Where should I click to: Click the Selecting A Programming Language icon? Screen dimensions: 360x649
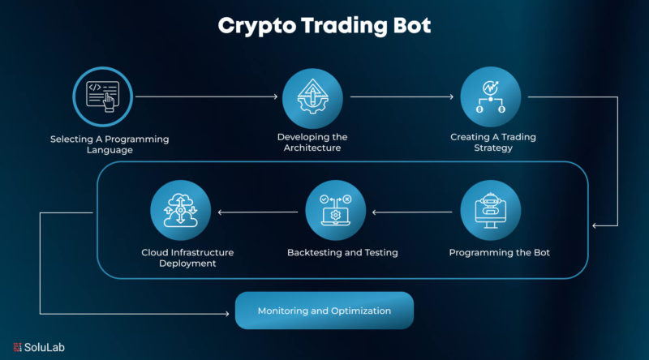[x=102, y=96]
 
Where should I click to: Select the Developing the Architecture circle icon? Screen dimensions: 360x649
[x=312, y=96]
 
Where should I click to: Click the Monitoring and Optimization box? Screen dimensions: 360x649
[x=324, y=311]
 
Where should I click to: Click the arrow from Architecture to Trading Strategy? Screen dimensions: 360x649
[x=402, y=96]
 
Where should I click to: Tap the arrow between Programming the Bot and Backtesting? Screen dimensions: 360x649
[x=413, y=214]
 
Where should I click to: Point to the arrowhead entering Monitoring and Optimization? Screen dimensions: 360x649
[x=230, y=312]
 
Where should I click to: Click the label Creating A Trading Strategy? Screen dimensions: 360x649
[x=493, y=143]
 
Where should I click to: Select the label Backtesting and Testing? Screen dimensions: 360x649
[x=342, y=252]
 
